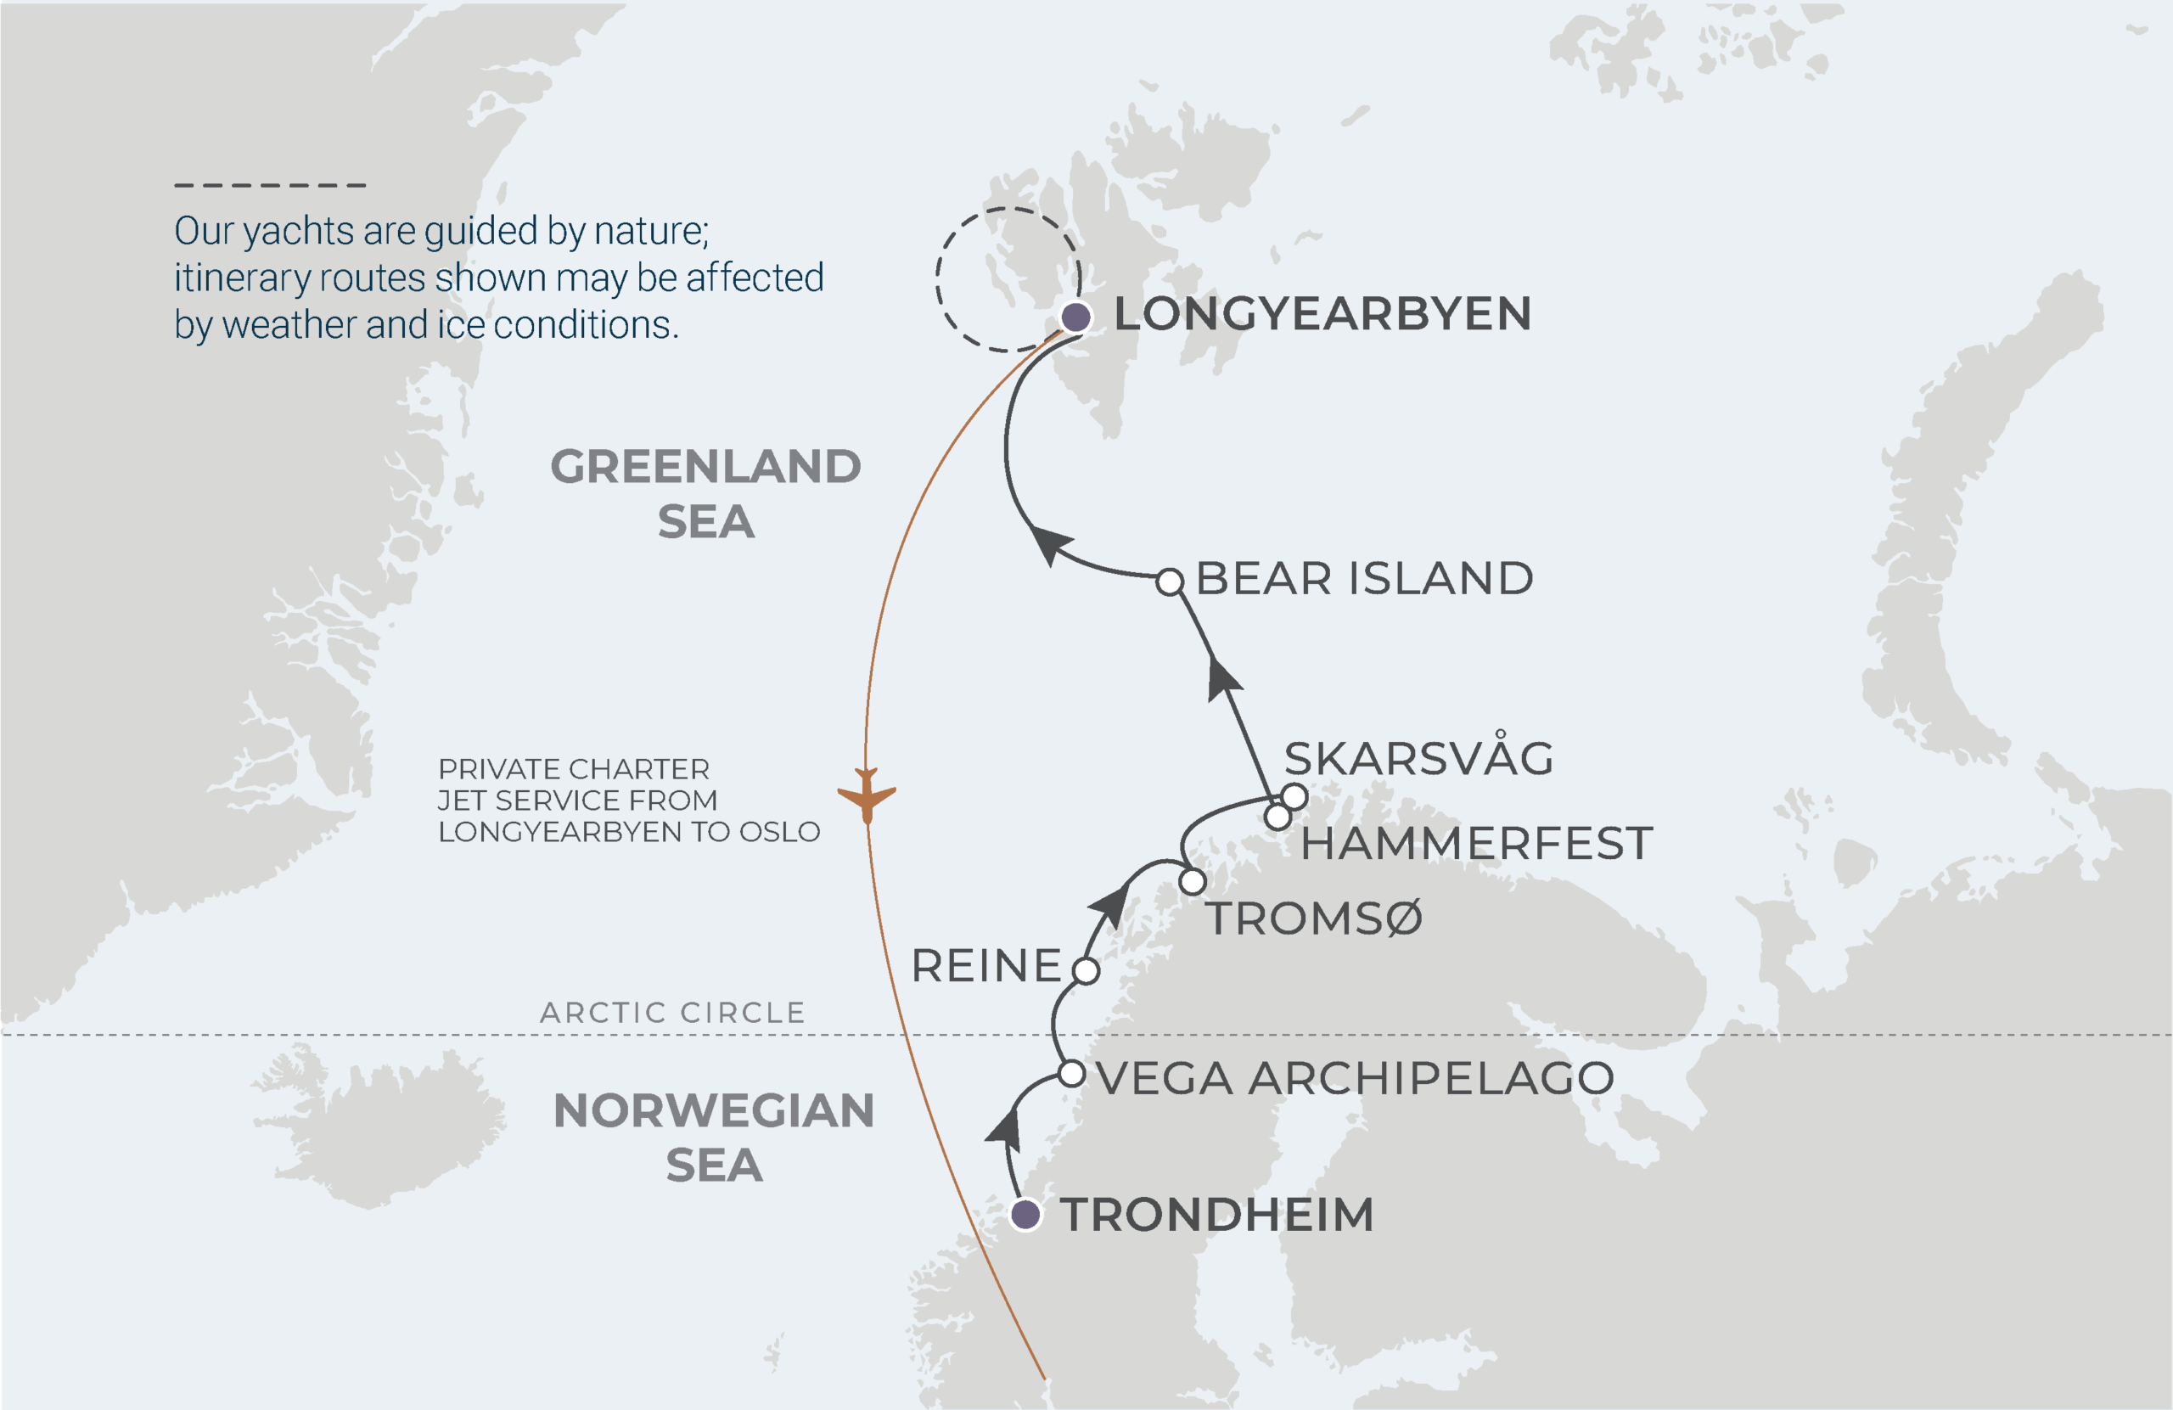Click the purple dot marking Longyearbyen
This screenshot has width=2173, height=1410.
point(1075,317)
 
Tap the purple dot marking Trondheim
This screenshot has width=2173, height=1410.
point(1025,1214)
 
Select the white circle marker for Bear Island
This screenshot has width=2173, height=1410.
point(1170,581)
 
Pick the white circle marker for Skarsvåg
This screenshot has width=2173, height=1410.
point(1294,795)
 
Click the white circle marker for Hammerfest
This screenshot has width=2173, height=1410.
point(1278,817)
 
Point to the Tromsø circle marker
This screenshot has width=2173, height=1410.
point(1193,881)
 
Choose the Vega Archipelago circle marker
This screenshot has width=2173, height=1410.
point(1072,1073)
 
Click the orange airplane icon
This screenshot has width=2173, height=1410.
point(867,794)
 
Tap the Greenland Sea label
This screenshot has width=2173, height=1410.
point(705,493)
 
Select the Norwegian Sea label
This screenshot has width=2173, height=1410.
point(714,1137)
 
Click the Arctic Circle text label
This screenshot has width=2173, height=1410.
point(672,1012)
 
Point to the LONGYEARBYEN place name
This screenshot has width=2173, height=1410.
point(1322,314)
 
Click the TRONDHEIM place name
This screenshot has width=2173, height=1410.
point(1217,1215)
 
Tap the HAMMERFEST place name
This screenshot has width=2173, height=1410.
point(1476,843)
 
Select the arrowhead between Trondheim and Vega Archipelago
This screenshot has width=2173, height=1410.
point(1005,1129)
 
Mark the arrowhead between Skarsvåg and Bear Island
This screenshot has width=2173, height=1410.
point(1222,679)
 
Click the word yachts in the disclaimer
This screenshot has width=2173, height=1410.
point(294,231)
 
